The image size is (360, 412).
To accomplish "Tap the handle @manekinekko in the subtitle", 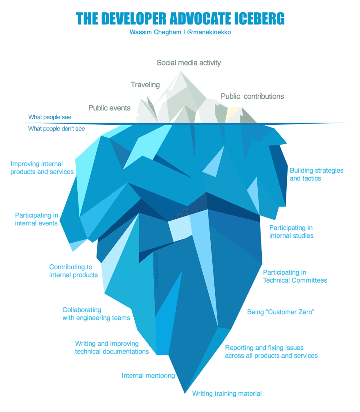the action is pyautogui.click(x=210, y=32).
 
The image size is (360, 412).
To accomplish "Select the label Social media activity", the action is pyautogui.click(x=189, y=63).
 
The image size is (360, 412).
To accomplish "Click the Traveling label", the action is pyautogui.click(x=145, y=85).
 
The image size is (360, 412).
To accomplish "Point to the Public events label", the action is pyautogui.click(x=109, y=108).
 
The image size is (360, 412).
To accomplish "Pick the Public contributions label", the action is pyautogui.click(x=252, y=97).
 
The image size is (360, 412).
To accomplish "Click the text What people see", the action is pyautogui.click(x=49, y=117).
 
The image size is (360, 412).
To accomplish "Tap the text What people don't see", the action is pyautogui.click(x=56, y=129).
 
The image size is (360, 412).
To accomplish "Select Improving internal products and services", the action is pyautogui.click(x=42, y=168).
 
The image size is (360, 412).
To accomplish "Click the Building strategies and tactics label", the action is pyautogui.click(x=316, y=174).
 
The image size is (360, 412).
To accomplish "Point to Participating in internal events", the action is pyautogui.click(x=36, y=219).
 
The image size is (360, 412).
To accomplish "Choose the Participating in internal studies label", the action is pyautogui.click(x=291, y=232).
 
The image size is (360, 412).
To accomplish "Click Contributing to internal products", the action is pyautogui.click(x=73, y=271).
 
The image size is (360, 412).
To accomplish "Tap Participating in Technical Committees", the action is pyautogui.click(x=295, y=276).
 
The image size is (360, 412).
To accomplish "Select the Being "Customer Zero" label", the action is pyautogui.click(x=280, y=312).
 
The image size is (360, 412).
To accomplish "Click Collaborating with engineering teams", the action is pyautogui.click(x=96, y=314).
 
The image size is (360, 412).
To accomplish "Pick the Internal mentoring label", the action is pyautogui.click(x=148, y=376).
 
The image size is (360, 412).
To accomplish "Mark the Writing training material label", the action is pyautogui.click(x=227, y=394).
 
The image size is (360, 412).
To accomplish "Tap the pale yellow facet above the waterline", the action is pyautogui.click(x=234, y=114).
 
